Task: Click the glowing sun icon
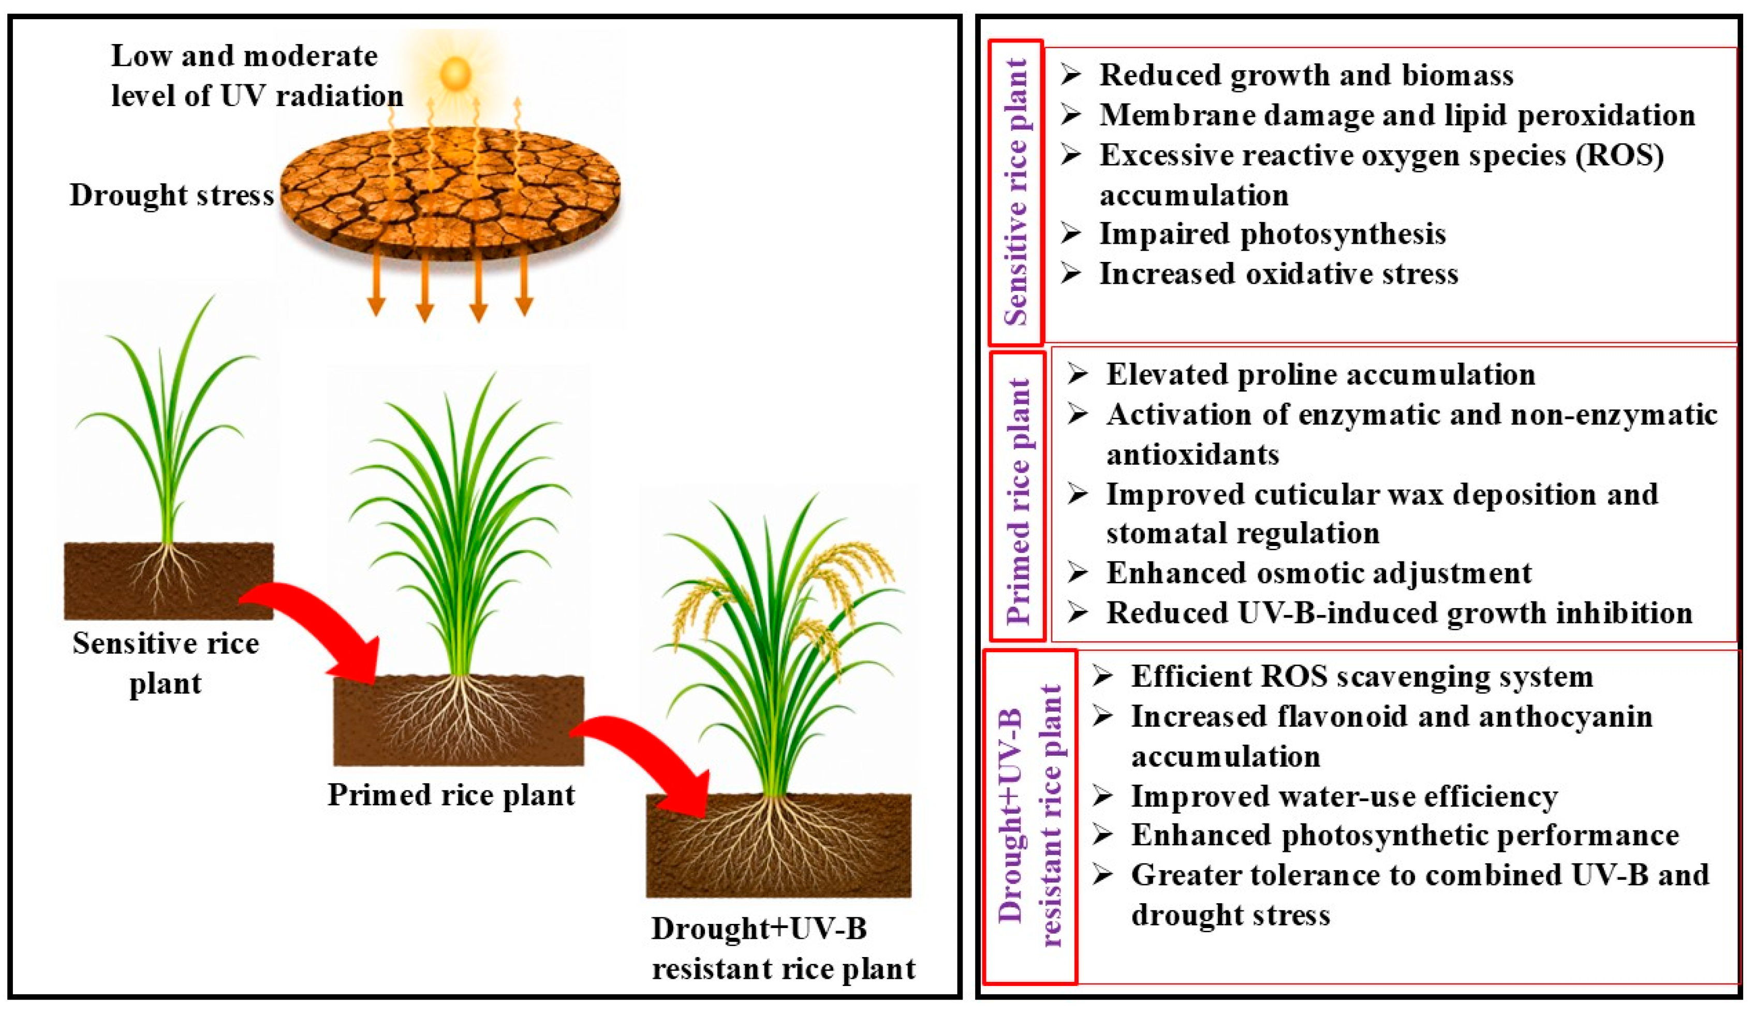coord(455,72)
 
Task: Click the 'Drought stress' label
coord(171,196)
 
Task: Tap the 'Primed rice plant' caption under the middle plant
coord(451,795)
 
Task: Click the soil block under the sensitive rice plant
coord(169,581)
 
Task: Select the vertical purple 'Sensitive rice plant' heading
coord(1016,192)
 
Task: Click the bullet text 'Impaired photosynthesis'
coord(1272,233)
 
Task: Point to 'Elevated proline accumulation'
coord(1320,375)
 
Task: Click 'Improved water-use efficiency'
coord(1344,796)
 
